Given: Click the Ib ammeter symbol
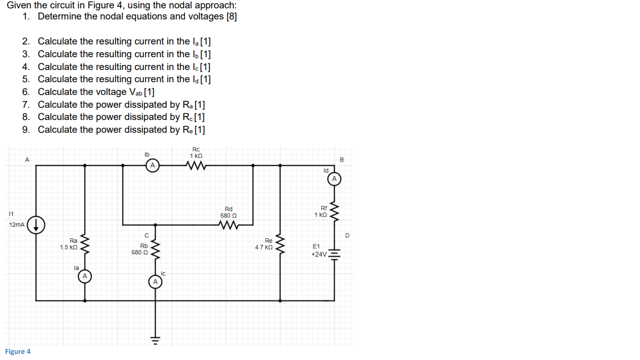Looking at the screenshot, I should coord(152,165).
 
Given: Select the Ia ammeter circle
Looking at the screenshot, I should coord(84,276).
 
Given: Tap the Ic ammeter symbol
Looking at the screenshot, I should coord(156,282).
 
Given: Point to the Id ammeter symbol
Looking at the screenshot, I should coord(334,179).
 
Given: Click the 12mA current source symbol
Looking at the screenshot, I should coord(36,225).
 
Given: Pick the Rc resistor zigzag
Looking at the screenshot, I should coord(197,165).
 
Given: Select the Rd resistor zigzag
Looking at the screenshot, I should coord(228,225).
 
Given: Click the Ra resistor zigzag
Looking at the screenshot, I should coord(85,244).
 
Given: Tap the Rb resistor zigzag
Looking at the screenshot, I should coord(156,249).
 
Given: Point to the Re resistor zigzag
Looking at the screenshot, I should coord(280,244).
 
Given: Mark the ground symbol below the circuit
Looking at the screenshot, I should coord(156,339).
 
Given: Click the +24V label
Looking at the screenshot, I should coord(319,254).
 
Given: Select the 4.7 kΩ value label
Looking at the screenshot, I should coord(263,247).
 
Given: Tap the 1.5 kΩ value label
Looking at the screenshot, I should coord(69,247).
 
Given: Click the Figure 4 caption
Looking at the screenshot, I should coord(18,351).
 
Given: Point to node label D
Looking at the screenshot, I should coord(348,236).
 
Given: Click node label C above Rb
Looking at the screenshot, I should coord(146,236).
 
